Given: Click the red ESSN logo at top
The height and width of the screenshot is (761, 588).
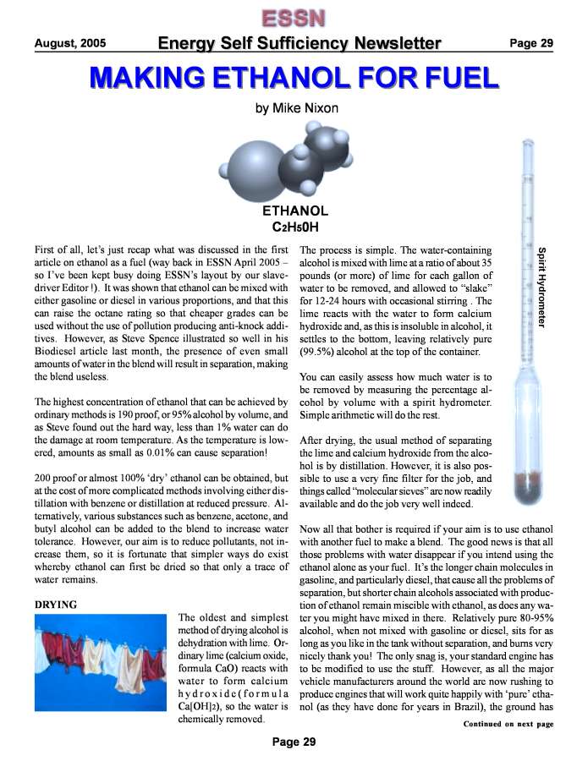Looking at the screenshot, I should click(294, 17).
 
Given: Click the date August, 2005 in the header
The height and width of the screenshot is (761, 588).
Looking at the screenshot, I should click(70, 43).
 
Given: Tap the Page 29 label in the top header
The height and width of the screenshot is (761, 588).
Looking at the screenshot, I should click(530, 43).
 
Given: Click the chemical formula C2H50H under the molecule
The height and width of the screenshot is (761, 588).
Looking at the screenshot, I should click(294, 227).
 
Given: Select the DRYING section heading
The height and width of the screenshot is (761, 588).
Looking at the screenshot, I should click(55, 605).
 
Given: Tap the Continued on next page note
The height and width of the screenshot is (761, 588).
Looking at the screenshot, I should click(508, 724).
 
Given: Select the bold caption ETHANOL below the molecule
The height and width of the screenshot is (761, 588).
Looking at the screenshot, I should click(294, 211).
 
